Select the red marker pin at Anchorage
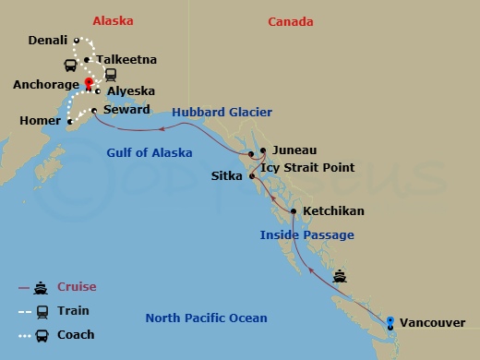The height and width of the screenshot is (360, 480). pyautogui.click(x=90, y=83)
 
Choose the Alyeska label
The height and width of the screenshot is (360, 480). pyautogui.click(x=130, y=91)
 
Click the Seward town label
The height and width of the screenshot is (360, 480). pyautogui.click(x=126, y=110)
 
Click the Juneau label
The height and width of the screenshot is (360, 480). pyautogui.click(x=294, y=150)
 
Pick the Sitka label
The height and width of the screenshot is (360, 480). pyautogui.click(x=226, y=173)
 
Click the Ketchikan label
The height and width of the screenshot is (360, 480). pyautogui.click(x=333, y=211)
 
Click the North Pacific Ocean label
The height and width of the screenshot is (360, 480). pyautogui.click(x=206, y=318)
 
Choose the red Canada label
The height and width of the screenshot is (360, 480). pyautogui.click(x=291, y=21)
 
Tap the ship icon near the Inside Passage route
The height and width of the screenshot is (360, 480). pyautogui.click(x=341, y=275)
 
